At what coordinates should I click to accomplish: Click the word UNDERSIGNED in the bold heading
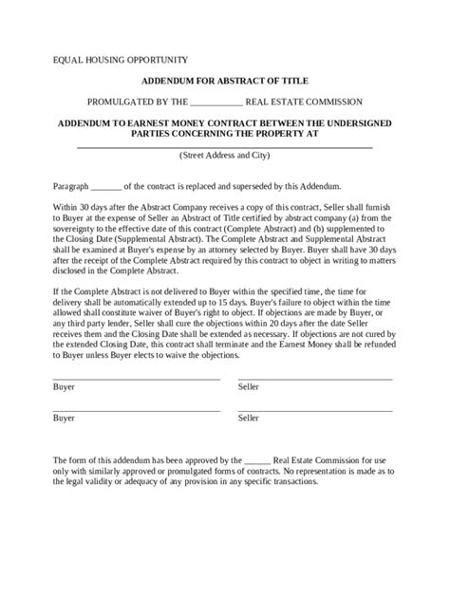pos(357,123)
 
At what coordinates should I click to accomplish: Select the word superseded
pos(227,186)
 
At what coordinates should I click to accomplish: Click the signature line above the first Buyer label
pos(137,379)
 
